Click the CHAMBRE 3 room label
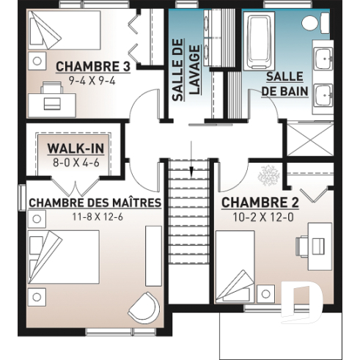coord(92,66)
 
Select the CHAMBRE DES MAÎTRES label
coord(95,202)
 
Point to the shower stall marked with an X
coord(307,139)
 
